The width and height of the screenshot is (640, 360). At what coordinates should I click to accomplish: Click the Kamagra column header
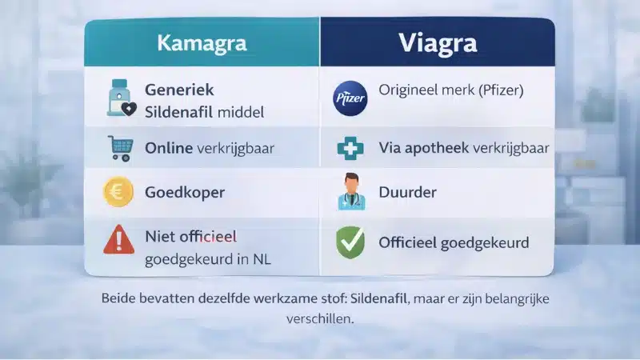[x=202, y=43]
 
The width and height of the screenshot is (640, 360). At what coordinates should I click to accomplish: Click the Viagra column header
[x=437, y=43]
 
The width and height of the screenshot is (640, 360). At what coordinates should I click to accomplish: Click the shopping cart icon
[x=119, y=148]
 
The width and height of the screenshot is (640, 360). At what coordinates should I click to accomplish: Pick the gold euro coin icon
[x=118, y=193]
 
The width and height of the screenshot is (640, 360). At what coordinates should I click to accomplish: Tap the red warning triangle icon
[x=118, y=240]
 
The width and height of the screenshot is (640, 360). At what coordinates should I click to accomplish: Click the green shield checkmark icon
[x=350, y=241]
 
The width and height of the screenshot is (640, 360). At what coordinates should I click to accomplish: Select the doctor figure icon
[x=350, y=193]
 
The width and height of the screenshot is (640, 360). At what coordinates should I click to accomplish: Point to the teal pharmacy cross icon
[x=350, y=148]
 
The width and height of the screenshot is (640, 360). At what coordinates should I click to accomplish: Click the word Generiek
[x=179, y=90]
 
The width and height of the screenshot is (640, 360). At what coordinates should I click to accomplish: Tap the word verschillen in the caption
[x=319, y=318]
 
